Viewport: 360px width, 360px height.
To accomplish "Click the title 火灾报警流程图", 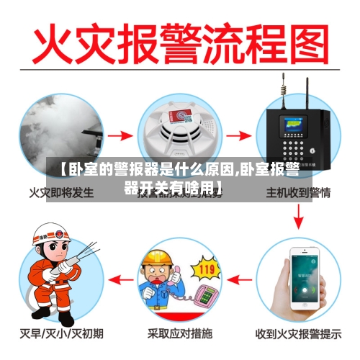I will coord(180,45).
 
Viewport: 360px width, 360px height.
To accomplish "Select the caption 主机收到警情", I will coord(298,192).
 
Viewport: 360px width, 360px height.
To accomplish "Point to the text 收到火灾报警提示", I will coord(299,333).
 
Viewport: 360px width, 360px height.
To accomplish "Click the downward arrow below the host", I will coord(298,215).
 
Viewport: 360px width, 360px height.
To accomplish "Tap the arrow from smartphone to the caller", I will coord(241,278).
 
